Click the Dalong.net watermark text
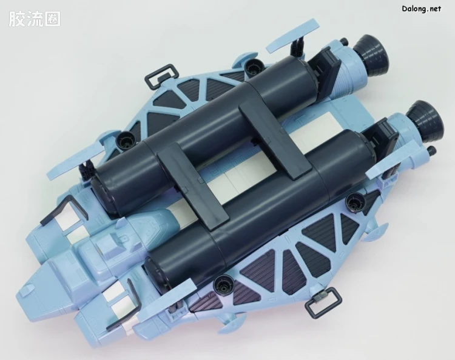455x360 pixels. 422,8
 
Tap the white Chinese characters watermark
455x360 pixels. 35,19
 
